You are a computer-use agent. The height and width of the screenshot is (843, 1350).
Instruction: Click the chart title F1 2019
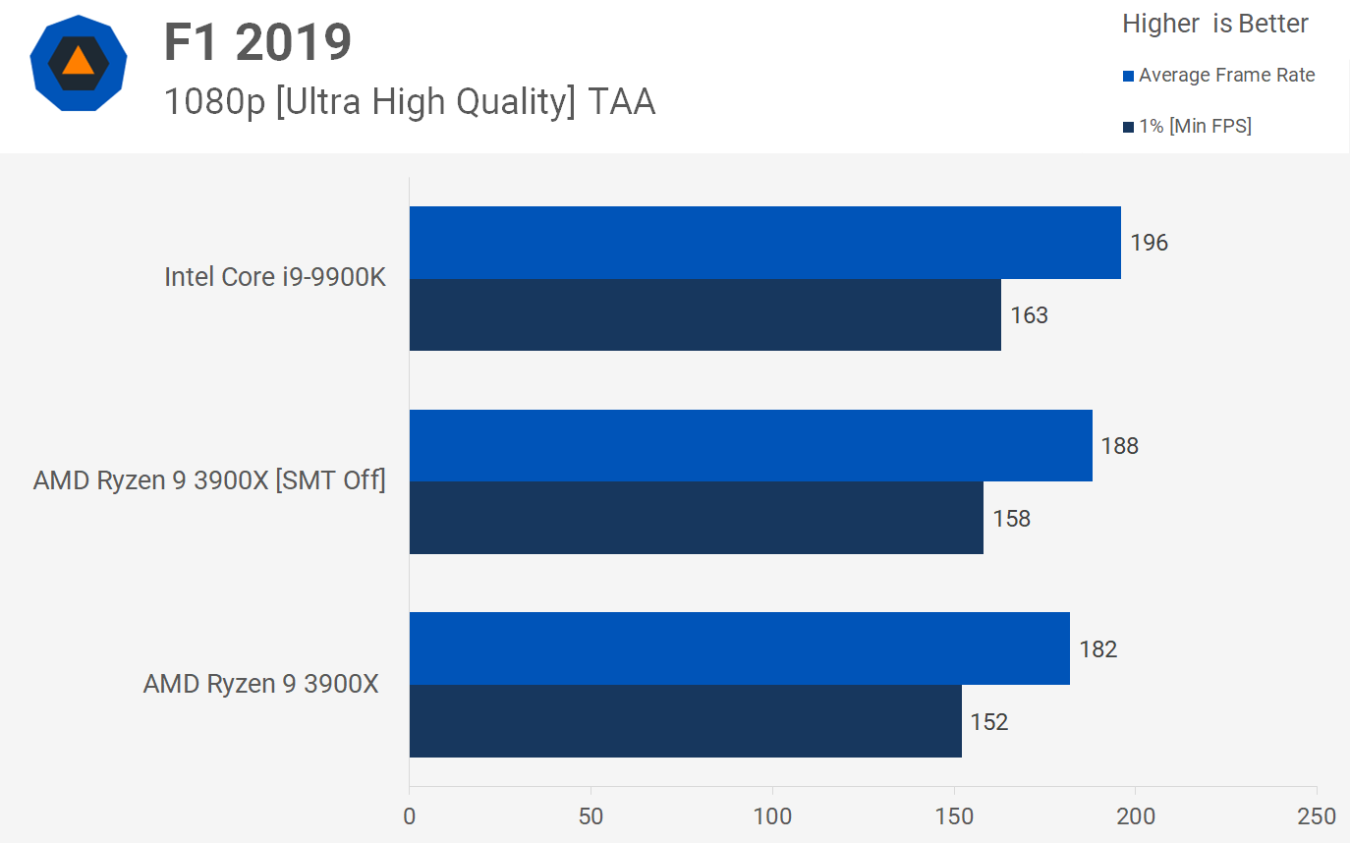click(x=257, y=43)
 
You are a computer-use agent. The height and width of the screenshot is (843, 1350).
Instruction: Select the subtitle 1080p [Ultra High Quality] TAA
click(x=409, y=101)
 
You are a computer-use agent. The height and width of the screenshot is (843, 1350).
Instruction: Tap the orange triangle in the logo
click(x=78, y=61)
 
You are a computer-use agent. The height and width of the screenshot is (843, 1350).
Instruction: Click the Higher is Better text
click(x=1214, y=24)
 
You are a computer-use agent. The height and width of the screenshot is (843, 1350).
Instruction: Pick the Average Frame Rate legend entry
click(x=1218, y=76)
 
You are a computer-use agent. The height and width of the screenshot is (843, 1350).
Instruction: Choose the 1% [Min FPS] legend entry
click(x=1187, y=126)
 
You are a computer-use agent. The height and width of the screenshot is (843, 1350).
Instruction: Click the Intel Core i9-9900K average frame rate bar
click(x=764, y=243)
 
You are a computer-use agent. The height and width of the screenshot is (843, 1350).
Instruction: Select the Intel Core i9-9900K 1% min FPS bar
click(x=704, y=314)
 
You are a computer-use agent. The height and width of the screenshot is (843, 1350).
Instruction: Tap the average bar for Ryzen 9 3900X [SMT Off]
click(x=751, y=446)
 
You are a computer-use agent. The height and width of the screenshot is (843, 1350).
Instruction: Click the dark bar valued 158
click(x=696, y=518)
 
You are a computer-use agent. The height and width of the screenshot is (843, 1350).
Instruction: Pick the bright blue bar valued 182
click(x=739, y=648)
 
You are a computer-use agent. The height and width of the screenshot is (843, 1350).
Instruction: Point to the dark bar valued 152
click(x=685, y=721)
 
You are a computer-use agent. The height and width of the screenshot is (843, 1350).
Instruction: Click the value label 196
click(x=1149, y=243)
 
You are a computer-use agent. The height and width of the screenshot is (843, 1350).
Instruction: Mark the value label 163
click(x=1029, y=315)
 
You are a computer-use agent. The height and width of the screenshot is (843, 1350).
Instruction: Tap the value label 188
click(x=1119, y=446)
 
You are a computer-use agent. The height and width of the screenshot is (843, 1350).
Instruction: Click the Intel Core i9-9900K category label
click(x=275, y=277)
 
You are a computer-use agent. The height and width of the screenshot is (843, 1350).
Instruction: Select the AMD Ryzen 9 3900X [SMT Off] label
click(x=209, y=480)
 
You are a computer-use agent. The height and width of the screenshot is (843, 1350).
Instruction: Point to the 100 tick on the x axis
click(x=772, y=816)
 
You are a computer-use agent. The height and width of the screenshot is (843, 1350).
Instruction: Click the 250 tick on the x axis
click(x=1316, y=816)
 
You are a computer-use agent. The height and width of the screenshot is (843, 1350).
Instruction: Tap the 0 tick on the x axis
click(x=410, y=816)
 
